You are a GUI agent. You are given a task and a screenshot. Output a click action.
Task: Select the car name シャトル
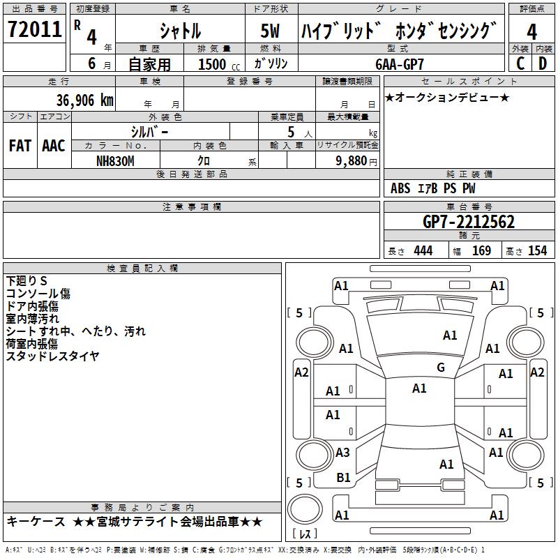click(181, 31)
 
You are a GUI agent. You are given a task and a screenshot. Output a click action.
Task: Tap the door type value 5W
click(271, 31)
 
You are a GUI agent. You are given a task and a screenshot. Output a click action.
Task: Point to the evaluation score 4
click(531, 31)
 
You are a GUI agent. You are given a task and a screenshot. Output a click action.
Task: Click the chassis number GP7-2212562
click(469, 222)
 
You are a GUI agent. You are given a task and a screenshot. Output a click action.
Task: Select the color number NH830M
click(115, 160)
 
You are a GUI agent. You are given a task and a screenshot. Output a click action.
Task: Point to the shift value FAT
click(20, 146)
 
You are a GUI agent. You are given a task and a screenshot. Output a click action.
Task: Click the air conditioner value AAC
click(54, 146)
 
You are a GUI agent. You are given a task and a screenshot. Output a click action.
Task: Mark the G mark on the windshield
click(440, 368)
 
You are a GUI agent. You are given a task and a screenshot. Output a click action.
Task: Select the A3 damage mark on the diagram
click(342, 453)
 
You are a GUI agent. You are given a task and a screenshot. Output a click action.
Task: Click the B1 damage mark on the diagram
click(343, 478)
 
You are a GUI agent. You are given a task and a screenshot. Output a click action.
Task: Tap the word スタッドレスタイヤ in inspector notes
click(52, 356)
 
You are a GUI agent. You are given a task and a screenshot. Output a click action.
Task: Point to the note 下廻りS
click(27, 281)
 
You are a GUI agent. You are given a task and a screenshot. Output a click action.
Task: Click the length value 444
click(423, 251)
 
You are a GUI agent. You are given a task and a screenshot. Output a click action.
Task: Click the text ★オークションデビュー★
click(447, 97)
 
